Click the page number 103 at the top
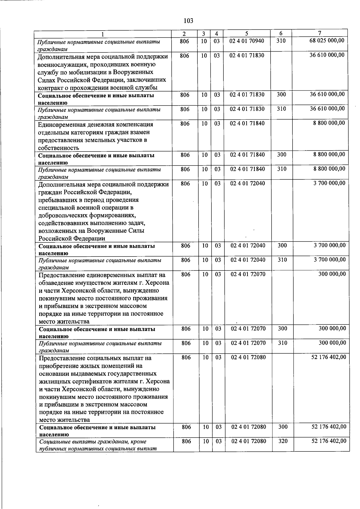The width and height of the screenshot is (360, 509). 188,21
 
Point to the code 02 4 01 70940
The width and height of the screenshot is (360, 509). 247,41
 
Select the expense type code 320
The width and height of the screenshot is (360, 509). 283,441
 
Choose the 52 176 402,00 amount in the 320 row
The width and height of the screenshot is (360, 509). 329,441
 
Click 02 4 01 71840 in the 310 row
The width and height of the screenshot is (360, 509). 247,169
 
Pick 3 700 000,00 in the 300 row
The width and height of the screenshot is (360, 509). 330,245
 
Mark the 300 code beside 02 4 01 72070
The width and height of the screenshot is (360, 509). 282,328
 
